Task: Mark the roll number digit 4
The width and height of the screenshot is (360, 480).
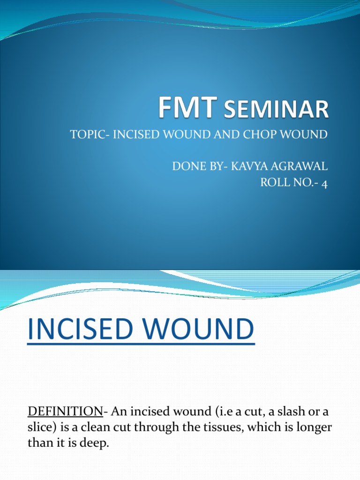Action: [x=324, y=183]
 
